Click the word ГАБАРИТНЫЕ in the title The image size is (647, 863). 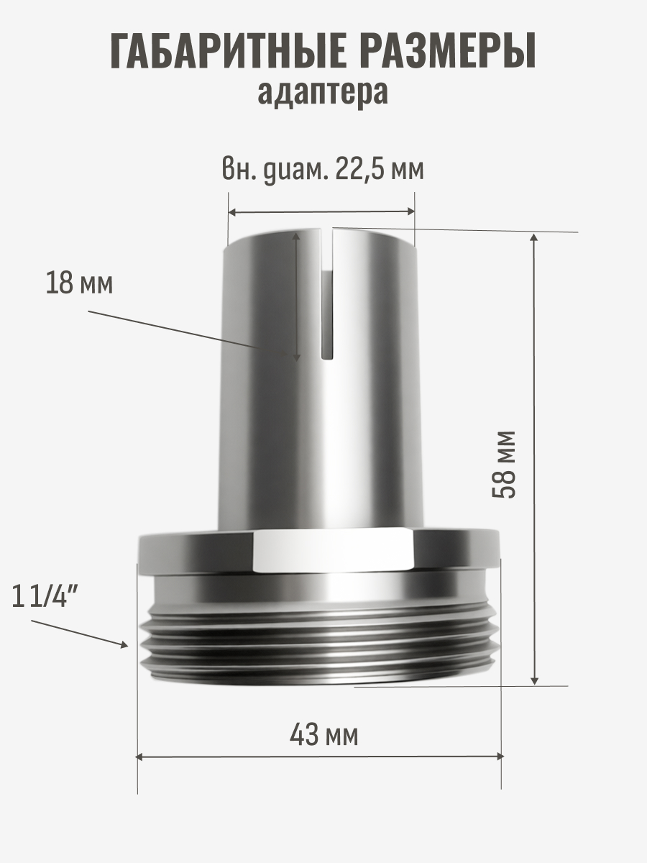coord(227,51)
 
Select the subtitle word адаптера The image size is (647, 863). coord(323,93)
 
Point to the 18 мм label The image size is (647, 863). coord(79,283)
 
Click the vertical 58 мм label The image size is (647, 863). coord(504,465)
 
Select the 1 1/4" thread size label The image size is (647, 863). coord(44,595)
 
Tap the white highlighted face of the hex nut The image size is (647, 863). coord(332,551)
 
